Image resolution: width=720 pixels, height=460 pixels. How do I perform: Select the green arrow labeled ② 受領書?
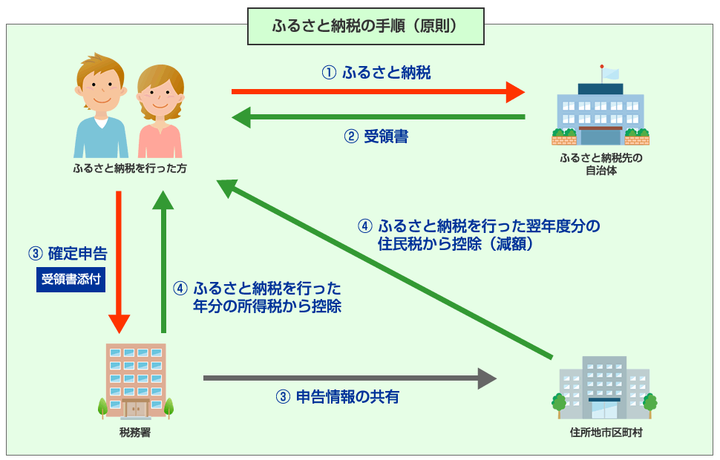coord(379,116)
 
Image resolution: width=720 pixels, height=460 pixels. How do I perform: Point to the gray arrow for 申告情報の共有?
coord(349,378)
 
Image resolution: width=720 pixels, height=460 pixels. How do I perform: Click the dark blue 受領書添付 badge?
coord(71,280)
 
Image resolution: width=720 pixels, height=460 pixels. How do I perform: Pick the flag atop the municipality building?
coord(609,73)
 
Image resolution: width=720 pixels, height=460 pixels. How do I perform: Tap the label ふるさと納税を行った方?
coord(129,168)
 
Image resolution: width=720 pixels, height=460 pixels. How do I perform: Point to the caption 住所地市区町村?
coord(602,433)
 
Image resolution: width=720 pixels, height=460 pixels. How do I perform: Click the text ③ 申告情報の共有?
coord(337,397)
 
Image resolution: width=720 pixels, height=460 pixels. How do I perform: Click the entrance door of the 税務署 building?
coord(136,407)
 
